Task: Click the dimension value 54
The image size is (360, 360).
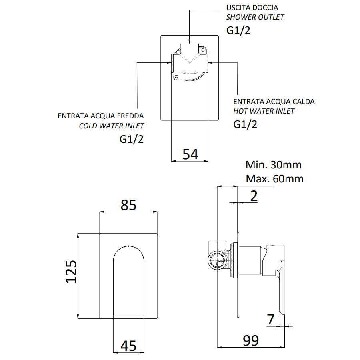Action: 190,154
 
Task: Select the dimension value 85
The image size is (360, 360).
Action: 128,205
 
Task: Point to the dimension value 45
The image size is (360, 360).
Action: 128,345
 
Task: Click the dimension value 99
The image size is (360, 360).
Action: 251,340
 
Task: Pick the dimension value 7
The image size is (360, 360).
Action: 271,320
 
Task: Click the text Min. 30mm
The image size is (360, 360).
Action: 274,164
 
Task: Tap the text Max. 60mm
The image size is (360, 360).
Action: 274,178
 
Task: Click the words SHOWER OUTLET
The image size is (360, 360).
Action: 255,17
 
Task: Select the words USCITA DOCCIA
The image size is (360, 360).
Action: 252,8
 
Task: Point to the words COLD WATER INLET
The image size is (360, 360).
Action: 112,126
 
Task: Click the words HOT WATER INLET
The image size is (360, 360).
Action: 264,111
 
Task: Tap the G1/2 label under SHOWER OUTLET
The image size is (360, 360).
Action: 238,30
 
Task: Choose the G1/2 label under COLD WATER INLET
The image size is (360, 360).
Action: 132,140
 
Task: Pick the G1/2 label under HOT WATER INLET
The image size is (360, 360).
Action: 245,124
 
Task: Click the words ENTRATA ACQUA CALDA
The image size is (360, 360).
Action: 274,101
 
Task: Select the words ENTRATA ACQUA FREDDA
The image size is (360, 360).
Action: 101,116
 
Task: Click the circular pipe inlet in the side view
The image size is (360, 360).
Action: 218,262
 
